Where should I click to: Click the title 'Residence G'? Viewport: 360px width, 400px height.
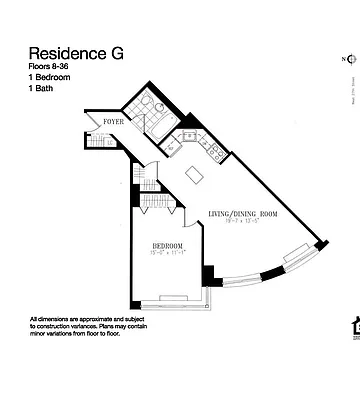76,54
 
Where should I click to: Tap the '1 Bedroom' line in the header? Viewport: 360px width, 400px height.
52,78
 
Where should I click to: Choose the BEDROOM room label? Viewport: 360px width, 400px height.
168,245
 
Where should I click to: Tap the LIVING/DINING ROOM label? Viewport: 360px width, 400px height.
242,214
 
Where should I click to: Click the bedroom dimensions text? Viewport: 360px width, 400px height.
168,253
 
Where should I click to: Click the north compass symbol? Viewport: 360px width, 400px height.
348,58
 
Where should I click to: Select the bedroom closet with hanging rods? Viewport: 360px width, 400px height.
158,202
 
